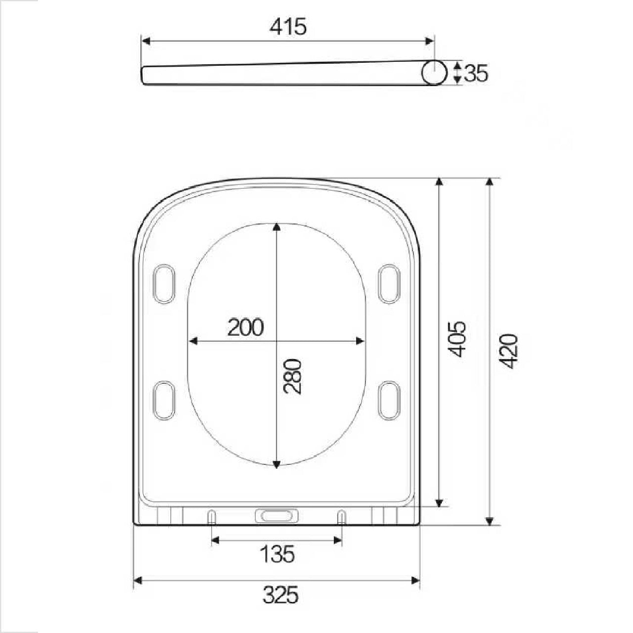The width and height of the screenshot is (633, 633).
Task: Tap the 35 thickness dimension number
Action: [x=476, y=73]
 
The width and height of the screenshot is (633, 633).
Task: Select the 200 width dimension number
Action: [x=246, y=327]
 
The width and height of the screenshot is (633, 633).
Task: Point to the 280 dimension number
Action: [x=293, y=376]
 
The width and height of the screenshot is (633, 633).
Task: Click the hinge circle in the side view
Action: [x=434, y=73]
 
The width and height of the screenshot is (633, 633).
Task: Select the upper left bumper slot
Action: [x=164, y=283]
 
